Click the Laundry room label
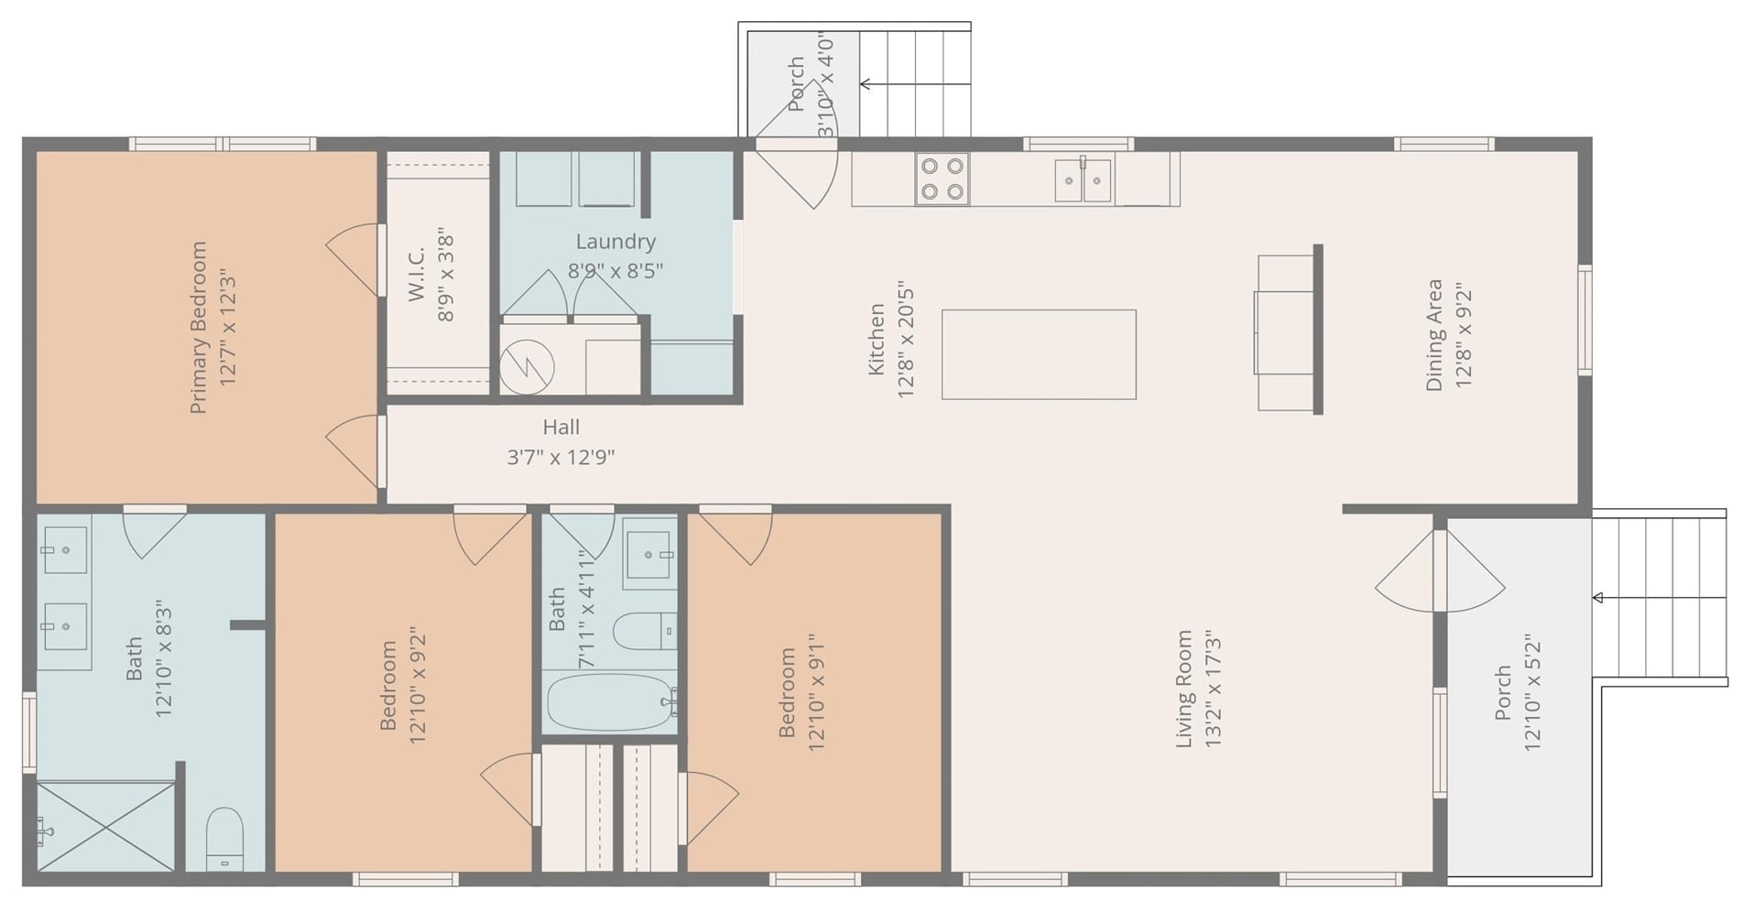[615, 242]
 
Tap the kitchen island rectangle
[1039, 354]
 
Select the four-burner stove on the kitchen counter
[942, 179]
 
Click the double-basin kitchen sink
[1083, 179]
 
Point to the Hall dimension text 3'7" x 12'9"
[561, 457]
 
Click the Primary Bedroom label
[198, 328]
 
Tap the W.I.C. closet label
[416, 274]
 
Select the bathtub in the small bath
[611, 702]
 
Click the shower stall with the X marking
[105, 827]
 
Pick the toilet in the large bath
[224, 839]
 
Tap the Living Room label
[1184, 689]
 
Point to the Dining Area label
[1434, 335]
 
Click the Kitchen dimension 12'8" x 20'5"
[906, 340]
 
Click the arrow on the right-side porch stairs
[1660, 598]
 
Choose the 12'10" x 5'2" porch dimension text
[1532, 693]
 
